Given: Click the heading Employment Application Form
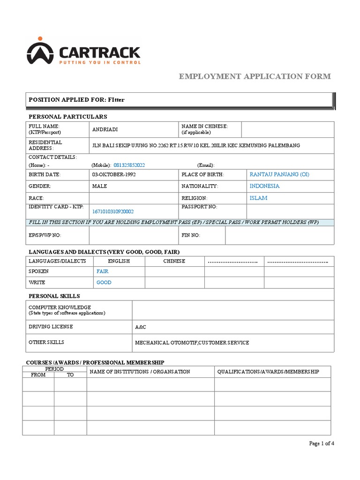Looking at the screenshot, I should [x=255, y=76].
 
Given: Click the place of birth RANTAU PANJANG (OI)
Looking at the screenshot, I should [x=279, y=174].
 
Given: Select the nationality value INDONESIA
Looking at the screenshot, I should [x=264, y=186].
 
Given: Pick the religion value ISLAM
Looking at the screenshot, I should [x=259, y=198].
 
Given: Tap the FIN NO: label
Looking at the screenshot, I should [x=191, y=235].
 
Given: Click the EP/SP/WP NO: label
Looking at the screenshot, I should [x=45, y=235].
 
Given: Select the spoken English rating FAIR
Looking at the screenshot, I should [x=103, y=271].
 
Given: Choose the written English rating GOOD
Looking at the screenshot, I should [x=104, y=283].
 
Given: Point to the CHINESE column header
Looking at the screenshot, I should [x=174, y=261].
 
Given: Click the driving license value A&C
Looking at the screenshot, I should [x=141, y=327].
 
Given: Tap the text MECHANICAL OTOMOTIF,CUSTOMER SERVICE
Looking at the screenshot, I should [x=192, y=343].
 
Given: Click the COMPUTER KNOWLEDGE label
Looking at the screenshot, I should [x=60, y=307].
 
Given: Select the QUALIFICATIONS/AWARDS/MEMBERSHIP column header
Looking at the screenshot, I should [x=268, y=371].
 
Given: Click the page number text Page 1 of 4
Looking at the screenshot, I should [x=322, y=443].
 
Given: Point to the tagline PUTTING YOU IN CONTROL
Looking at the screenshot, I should [x=99, y=62].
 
